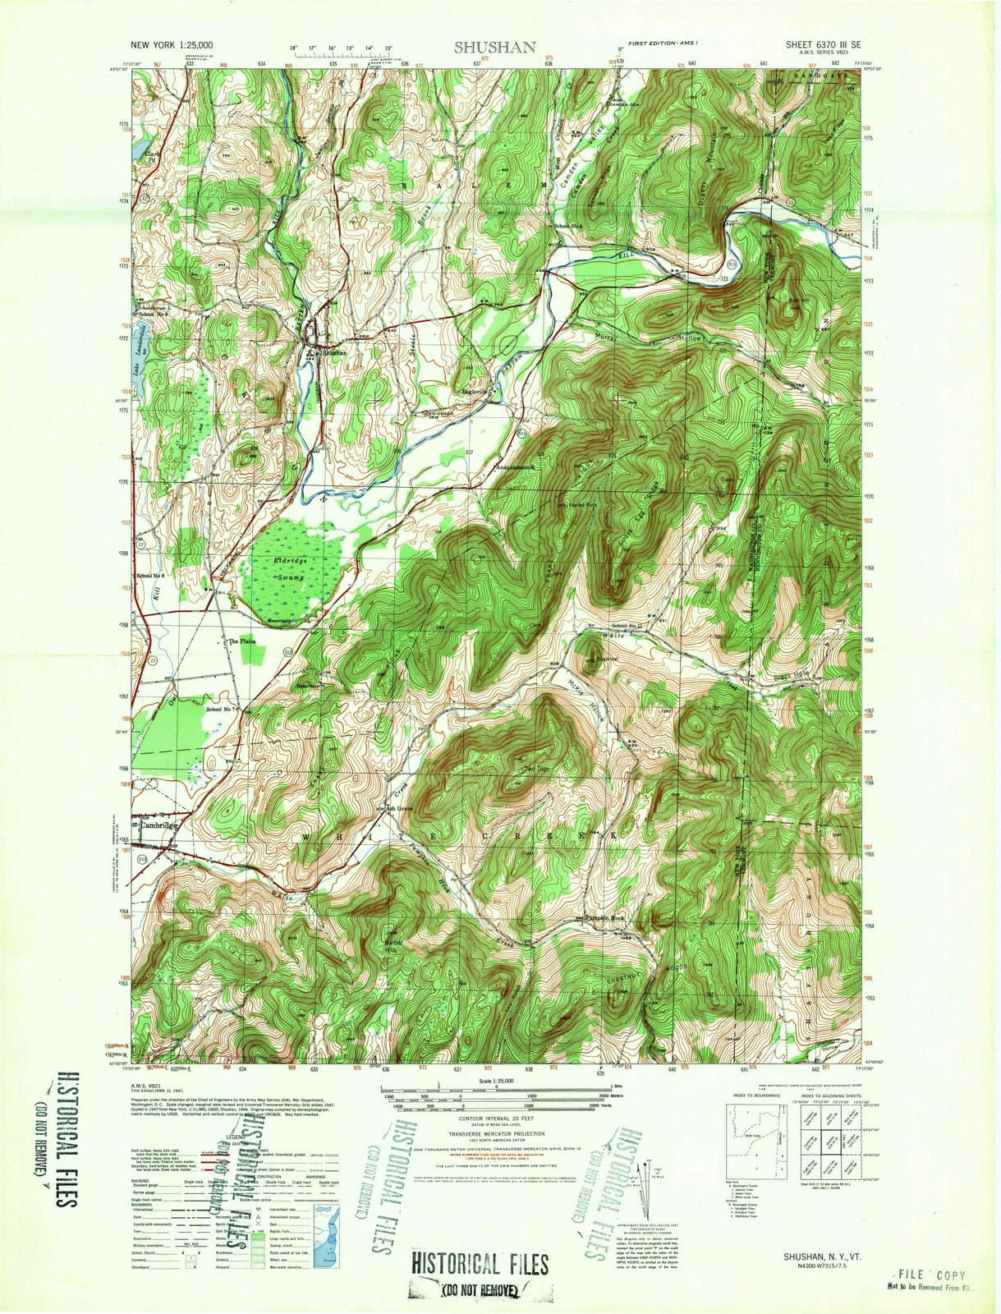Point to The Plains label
tap(243, 641)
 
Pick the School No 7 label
tap(222, 709)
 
